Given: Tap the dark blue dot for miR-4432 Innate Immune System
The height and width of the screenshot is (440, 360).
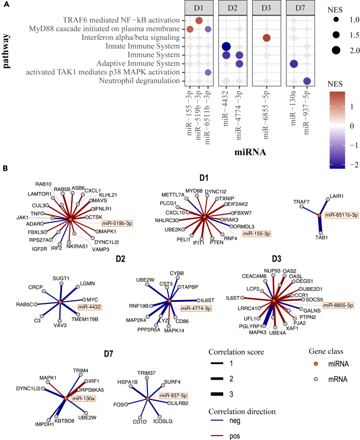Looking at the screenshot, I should pyautogui.click(x=226, y=46).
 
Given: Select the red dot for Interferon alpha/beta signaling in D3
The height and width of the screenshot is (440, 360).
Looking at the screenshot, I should pyautogui.click(x=267, y=38).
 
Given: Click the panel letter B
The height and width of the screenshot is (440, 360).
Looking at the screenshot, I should pyautogui.click(x=5, y=169).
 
